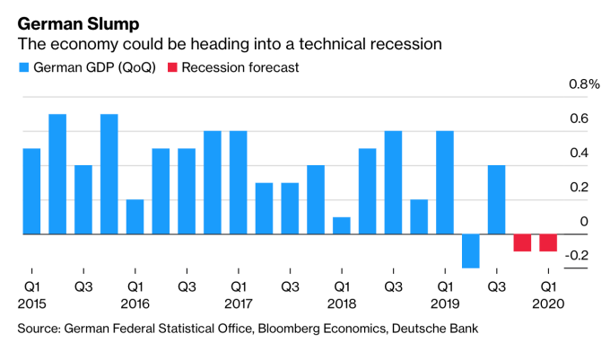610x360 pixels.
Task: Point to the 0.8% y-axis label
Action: tap(581, 85)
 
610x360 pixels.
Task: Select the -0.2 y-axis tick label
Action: tap(577, 256)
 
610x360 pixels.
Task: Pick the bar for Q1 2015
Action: tap(31, 191)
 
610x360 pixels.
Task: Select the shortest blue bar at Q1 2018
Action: tap(342, 225)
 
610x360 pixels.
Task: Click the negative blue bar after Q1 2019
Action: tap(471, 250)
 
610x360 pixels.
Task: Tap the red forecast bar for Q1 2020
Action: tap(548, 242)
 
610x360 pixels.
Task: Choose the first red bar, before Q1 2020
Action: tap(522, 242)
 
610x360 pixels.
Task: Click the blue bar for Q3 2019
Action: tap(497, 199)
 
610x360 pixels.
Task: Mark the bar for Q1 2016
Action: tap(135, 216)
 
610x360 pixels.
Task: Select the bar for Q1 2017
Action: tap(239, 182)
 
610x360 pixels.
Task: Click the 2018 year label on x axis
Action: tap(342, 304)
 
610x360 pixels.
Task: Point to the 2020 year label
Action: tap(548, 304)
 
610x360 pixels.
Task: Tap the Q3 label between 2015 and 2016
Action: tap(83, 287)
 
